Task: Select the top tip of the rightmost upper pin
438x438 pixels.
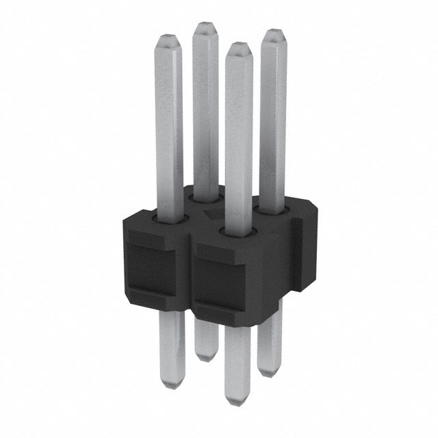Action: tap(274, 32)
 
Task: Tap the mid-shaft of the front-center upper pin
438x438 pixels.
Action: tap(238, 137)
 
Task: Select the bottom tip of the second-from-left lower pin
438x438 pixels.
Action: tap(204, 357)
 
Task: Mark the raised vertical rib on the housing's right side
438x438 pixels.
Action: tap(298, 253)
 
